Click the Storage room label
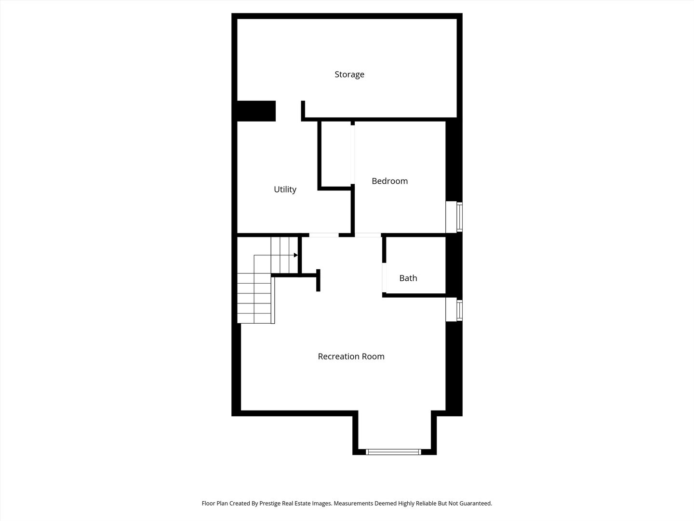pos(349,75)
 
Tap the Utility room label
pos(285,190)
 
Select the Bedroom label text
pos(389,181)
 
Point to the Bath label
pos(408,278)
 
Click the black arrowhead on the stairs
pos(296,255)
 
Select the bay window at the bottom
pos(393,452)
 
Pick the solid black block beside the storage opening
pos(256,111)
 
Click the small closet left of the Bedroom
pos(336,154)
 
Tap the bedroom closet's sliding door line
pos(352,155)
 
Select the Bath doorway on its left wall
pos(384,278)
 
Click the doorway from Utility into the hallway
pos(324,235)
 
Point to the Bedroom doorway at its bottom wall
pos(368,235)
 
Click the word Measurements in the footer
pos(353,503)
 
